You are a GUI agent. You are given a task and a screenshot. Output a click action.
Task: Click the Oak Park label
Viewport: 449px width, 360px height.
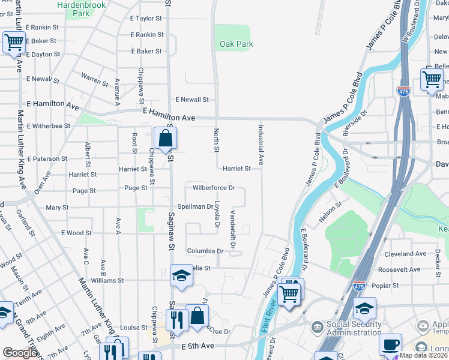[x=236, y=44]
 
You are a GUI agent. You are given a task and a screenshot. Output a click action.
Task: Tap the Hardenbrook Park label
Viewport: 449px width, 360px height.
[x=80, y=8]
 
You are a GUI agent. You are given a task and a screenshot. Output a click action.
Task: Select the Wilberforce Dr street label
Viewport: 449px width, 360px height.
[x=213, y=188]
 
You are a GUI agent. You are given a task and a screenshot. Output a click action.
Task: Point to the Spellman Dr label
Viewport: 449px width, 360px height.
[x=193, y=206]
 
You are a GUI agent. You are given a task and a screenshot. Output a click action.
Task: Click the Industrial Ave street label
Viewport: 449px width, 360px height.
[x=261, y=145]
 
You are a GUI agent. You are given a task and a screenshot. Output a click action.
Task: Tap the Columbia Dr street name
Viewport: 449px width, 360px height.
[x=205, y=251]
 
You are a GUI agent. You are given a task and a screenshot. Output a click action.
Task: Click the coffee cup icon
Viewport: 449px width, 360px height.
[x=390, y=344]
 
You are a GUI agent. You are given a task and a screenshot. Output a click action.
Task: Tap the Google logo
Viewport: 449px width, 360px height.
[x=20, y=353]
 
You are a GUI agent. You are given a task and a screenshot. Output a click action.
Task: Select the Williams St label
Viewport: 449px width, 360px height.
[x=107, y=280]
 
